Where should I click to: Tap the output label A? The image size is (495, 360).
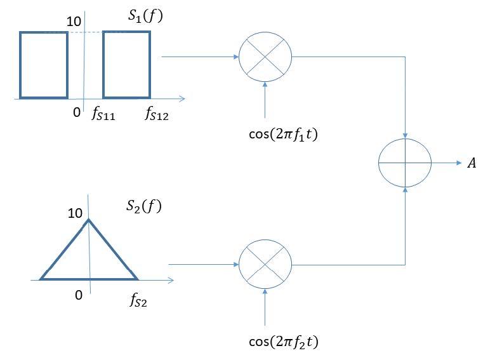pos(472,164)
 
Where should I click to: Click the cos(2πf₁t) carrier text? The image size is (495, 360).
pos(283,134)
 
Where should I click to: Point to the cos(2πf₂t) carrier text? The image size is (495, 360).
pos(283,343)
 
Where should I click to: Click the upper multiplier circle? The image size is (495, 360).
pos(265,57)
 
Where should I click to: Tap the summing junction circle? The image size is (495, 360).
pos(405,163)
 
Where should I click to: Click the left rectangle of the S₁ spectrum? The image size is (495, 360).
pos(44,65)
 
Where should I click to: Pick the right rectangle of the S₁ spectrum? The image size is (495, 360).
pos(127,65)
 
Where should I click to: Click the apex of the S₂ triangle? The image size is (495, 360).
pos(88,220)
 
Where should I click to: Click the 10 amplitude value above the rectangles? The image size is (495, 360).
pos(74,21)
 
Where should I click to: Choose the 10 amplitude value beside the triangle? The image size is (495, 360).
pos(75,213)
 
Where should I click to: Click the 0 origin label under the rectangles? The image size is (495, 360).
pos(76,112)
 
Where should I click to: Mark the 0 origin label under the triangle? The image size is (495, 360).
pos(79,295)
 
